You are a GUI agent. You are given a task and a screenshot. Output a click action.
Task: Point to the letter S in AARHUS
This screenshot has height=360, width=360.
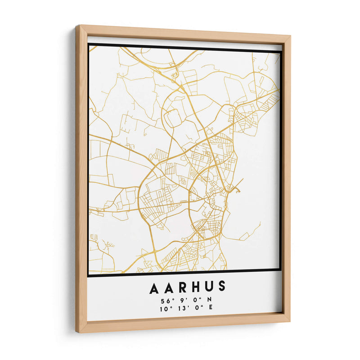tap(220, 287)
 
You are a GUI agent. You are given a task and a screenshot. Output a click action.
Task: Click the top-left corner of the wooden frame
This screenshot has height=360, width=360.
tap(77, 27)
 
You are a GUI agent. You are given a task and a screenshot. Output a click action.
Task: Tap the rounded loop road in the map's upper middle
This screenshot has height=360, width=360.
tap(173, 118)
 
